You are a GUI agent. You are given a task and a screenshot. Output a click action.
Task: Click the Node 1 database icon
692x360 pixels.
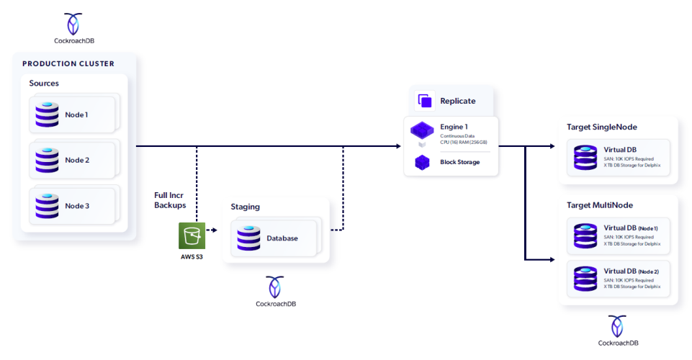pyautogui.click(x=47, y=114)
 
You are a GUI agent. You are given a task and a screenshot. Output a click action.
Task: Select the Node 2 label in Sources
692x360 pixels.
pyautogui.click(x=77, y=160)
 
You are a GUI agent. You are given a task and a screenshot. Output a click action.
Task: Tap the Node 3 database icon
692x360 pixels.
pyautogui.click(x=47, y=205)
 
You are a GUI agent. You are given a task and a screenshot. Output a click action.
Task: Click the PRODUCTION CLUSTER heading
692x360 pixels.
pyautogui.click(x=68, y=63)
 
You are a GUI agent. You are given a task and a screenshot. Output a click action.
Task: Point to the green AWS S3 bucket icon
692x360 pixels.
pyautogui.click(x=192, y=236)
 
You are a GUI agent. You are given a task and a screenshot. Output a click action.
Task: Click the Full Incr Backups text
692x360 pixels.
pyautogui.click(x=171, y=200)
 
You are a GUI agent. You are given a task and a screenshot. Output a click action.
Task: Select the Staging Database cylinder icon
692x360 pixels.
pyautogui.click(x=248, y=238)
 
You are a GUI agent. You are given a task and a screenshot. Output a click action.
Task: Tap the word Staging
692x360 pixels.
pyautogui.click(x=245, y=207)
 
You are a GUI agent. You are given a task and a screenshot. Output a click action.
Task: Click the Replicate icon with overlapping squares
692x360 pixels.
pyautogui.click(x=425, y=101)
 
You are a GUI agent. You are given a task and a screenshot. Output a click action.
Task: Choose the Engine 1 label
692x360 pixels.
pyautogui.click(x=454, y=127)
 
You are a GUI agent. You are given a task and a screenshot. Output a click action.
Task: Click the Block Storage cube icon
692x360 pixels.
pyautogui.click(x=422, y=163)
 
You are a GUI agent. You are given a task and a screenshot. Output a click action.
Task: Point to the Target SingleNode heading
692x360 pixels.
pyautogui.click(x=601, y=127)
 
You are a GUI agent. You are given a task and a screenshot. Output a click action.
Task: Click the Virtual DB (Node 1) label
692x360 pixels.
pyautogui.click(x=631, y=228)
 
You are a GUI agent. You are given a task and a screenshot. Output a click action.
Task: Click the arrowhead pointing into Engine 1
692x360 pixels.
pyautogui.click(x=397, y=146)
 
